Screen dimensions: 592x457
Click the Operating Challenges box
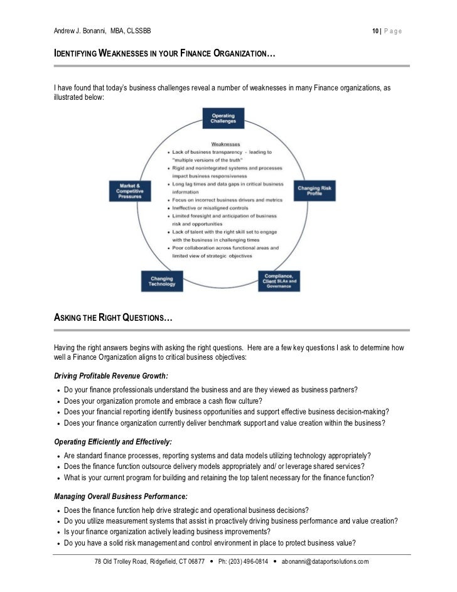[223, 118]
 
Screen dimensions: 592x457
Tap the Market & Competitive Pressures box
[131, 191]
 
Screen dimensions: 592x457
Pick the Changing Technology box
[161, 280]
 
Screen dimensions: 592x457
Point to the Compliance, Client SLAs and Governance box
[280, 281]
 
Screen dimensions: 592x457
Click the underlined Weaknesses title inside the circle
[225, 144]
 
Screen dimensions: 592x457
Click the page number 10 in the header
[375, 31]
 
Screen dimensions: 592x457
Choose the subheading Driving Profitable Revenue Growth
[111, 375]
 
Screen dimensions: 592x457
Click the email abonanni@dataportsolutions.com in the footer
[325, 561]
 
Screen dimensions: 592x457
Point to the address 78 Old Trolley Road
[124, 561]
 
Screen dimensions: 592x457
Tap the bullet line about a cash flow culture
[163, 401]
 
